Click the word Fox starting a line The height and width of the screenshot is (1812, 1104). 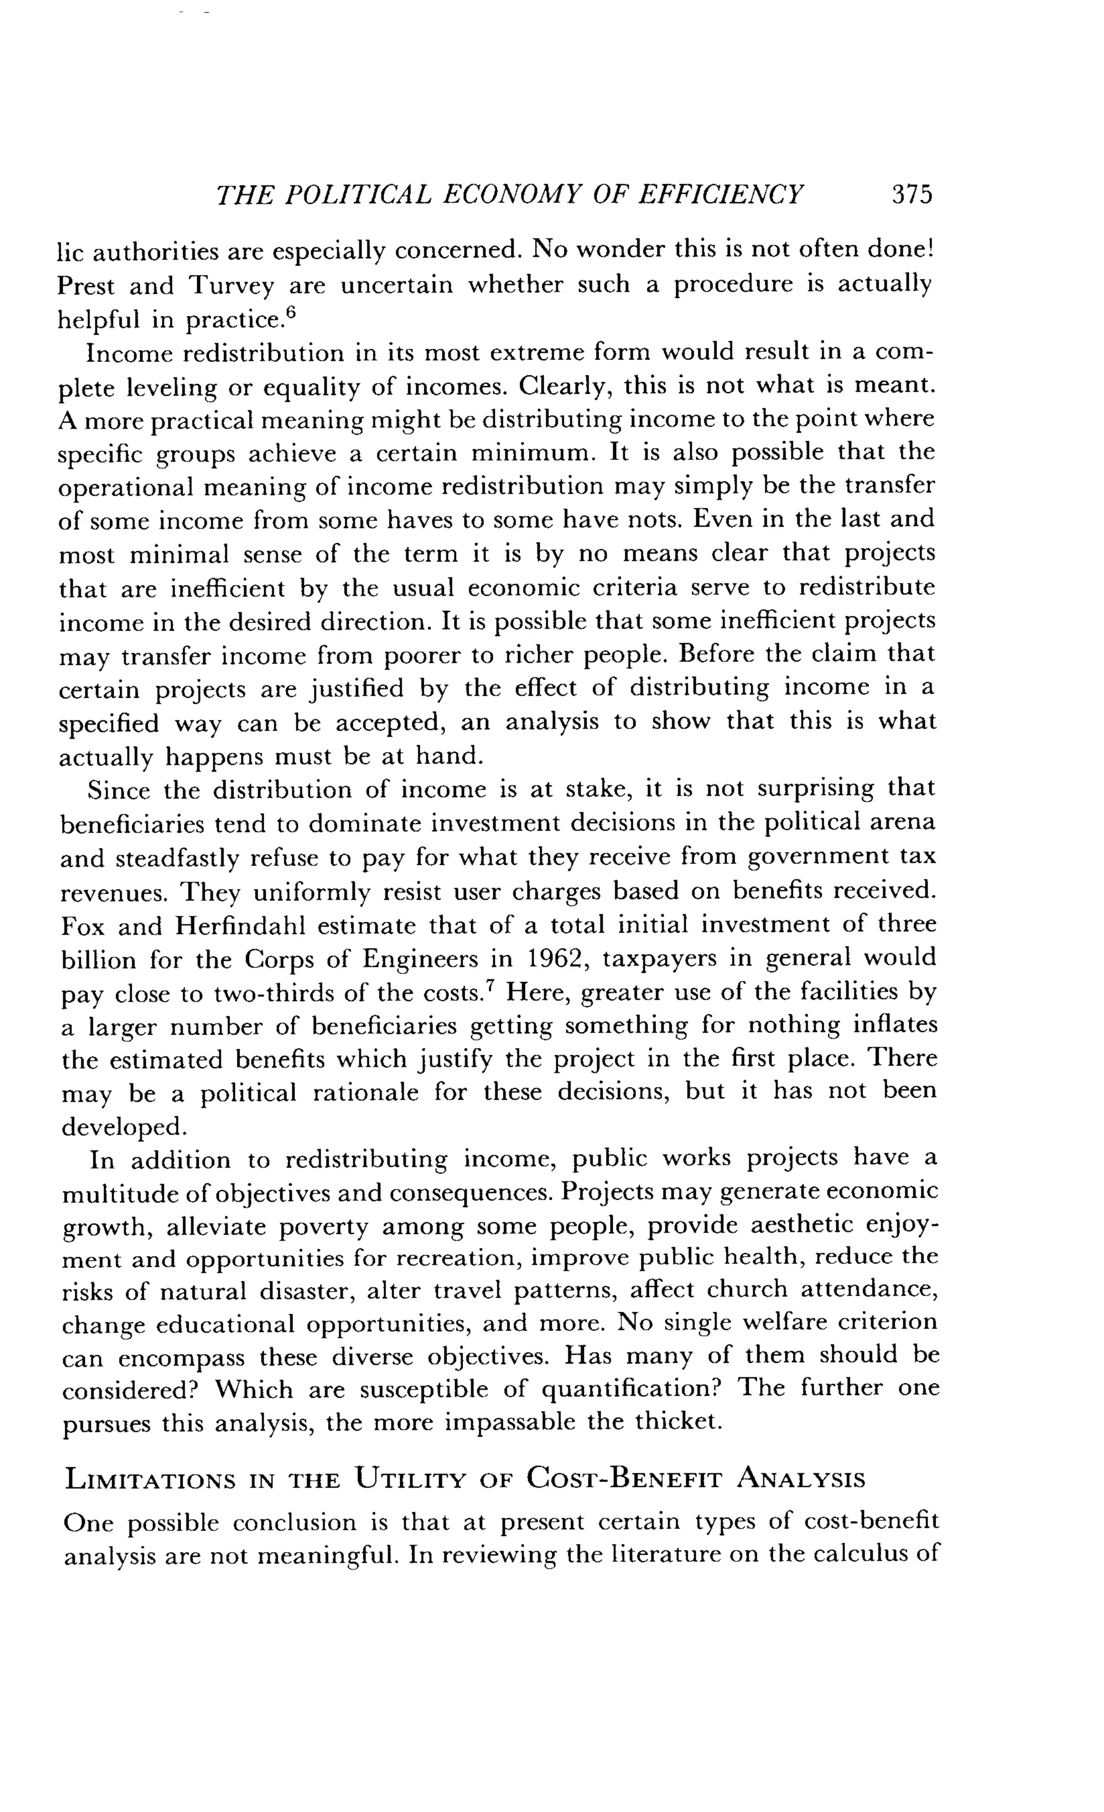81,926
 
